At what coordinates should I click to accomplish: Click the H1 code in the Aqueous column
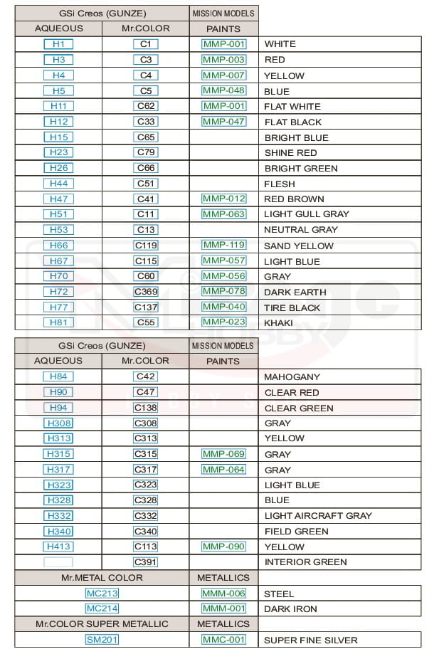[x=58, y=44]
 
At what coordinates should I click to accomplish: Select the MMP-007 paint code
[x=223, y=75]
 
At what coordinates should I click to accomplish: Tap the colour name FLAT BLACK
[x=292, y=122]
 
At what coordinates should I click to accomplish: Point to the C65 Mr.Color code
[x=146, y=137]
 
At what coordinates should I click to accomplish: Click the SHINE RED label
[x=290, y=153]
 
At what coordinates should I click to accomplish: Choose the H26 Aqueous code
[x=58, y=168]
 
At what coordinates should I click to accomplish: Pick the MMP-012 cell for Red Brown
[x=223, y=199]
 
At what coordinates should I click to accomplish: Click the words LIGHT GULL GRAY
[x=307, y=214]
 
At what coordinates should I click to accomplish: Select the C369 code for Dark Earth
[x=146, y=292]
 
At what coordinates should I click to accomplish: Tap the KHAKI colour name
[x=278, y=323]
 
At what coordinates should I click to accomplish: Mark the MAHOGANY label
[x=292, y=377]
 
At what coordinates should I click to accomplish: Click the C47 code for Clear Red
[x=146, y=392]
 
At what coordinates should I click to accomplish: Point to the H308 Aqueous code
[x=58, y=423]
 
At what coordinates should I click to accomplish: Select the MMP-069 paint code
[x=223, y=454]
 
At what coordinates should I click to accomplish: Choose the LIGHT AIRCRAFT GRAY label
[x=317, y=516]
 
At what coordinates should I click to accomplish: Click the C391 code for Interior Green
[x=146, y=562]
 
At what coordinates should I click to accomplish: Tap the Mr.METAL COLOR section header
[x=102, y=578]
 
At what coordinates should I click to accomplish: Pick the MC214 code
[x=102, y=608]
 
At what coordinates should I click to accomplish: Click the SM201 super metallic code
[x=102, y=640]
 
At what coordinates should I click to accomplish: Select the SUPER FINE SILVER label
[x=310, y=640]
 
